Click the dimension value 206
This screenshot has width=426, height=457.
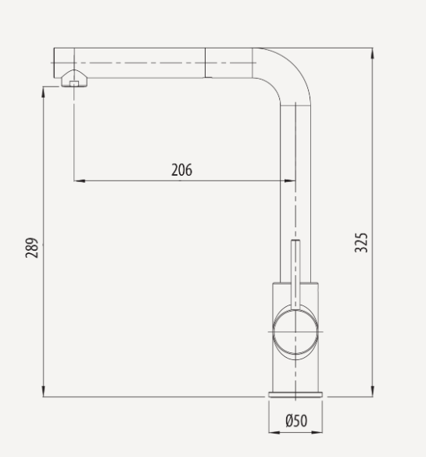pyautogui.click(x=181, y=170)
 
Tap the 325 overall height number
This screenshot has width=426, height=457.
pyautogui.click(x=361, y=243)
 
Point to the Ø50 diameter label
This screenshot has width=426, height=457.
pyautogui.click(x=296, y=421)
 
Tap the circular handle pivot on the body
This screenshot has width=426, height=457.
pyautogui.click(x=295, y=331)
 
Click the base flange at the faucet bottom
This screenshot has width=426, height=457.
pyautogui.click(x=295, y=393)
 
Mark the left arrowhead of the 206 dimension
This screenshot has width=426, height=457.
pyautogui.click(x=78, y=180)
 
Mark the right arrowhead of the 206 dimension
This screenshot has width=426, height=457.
pyautogui.click(x=291, y=180)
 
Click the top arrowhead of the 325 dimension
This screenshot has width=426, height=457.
pyautogui.click(x=372, y=52)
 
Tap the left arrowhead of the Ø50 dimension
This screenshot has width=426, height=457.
pyautogui.click(x=272, y=431)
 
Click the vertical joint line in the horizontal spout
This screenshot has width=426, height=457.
pyautogui.click(x=206, y=62)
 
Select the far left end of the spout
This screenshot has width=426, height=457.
pyautogui.click(x=55, y=62)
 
